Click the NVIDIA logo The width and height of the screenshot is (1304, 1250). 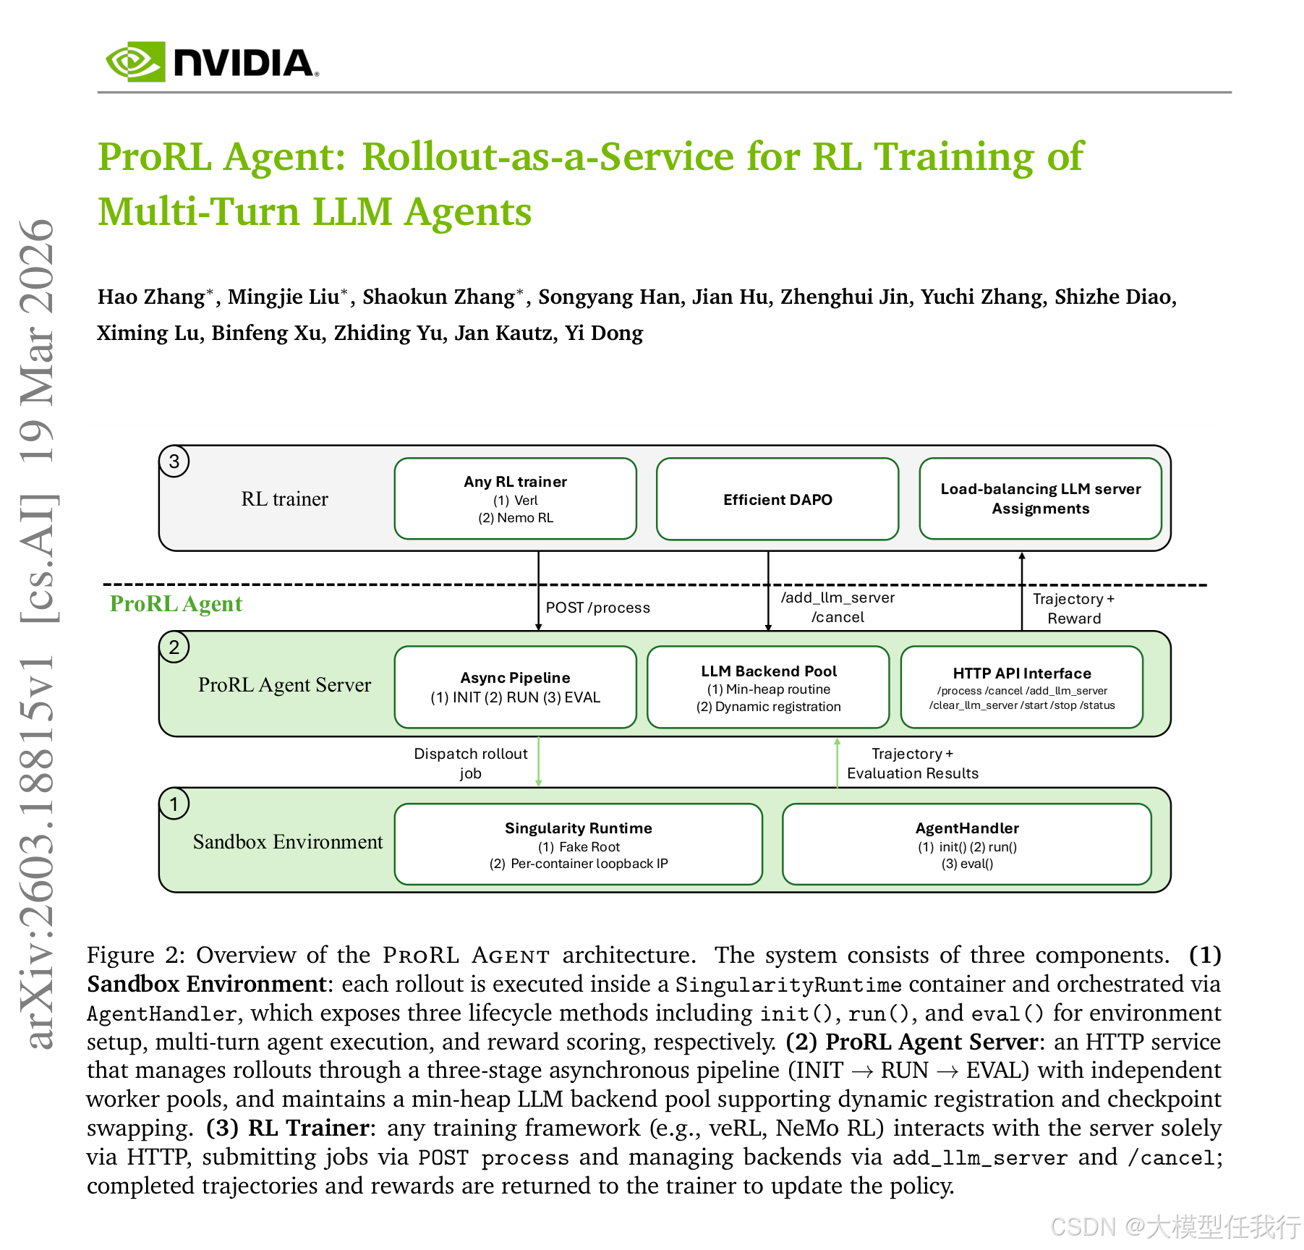click(x=211, y=62)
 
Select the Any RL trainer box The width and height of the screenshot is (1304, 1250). click(x=515, y=499)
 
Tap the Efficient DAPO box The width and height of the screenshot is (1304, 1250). click(x=777, y=499)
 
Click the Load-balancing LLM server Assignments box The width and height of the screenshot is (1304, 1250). click(x=1040, y=499)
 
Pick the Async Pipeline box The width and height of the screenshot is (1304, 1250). click(x=515, y=687)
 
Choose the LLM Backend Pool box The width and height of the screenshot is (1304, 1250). click(x=768, y=687)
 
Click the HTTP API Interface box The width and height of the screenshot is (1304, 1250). click(x=1021, y=687)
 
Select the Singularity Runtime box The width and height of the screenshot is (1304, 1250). click(x=578, y=844)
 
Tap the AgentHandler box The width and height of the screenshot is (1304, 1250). click(x=966, y=844)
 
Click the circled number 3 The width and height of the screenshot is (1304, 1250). click(x=174, y=462)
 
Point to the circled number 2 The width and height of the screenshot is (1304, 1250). click(x=174, y=647)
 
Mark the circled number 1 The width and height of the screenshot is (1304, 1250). click(x=174, y=804)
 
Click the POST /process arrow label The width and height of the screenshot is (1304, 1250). click(x=597, y=608)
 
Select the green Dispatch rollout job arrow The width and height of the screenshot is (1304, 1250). click(x=539, y=762)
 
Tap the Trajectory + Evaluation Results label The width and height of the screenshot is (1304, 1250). click(x=912, y=763)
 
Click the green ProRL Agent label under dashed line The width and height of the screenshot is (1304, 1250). click(x=176, y=604)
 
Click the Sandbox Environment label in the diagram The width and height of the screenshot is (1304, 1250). click(x=287, y=842)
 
